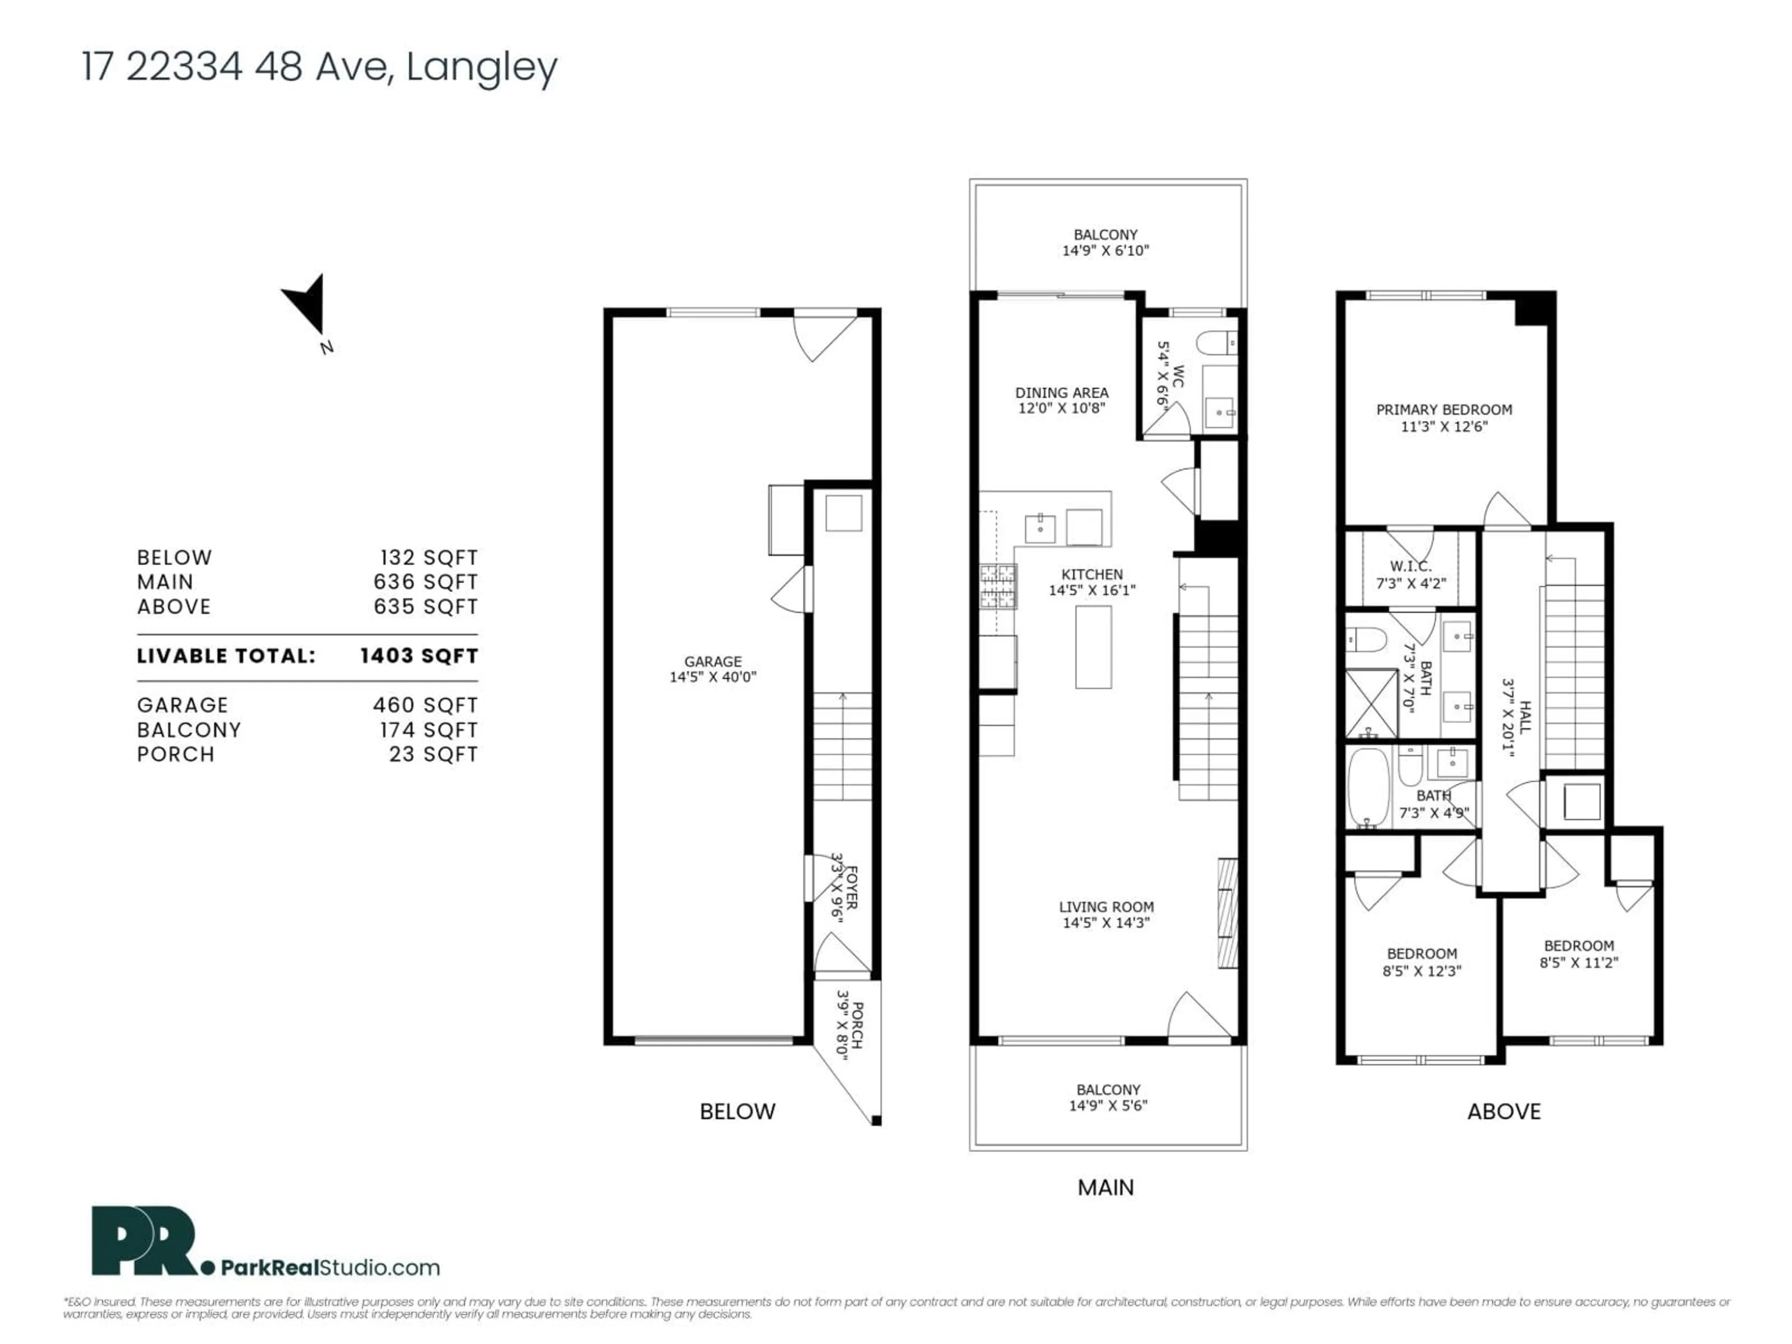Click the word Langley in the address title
point(481,67)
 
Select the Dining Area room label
point(1061,393)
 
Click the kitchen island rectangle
point(1093,646)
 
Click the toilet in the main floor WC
point(1215,343)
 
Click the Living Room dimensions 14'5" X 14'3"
point(1106,922)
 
